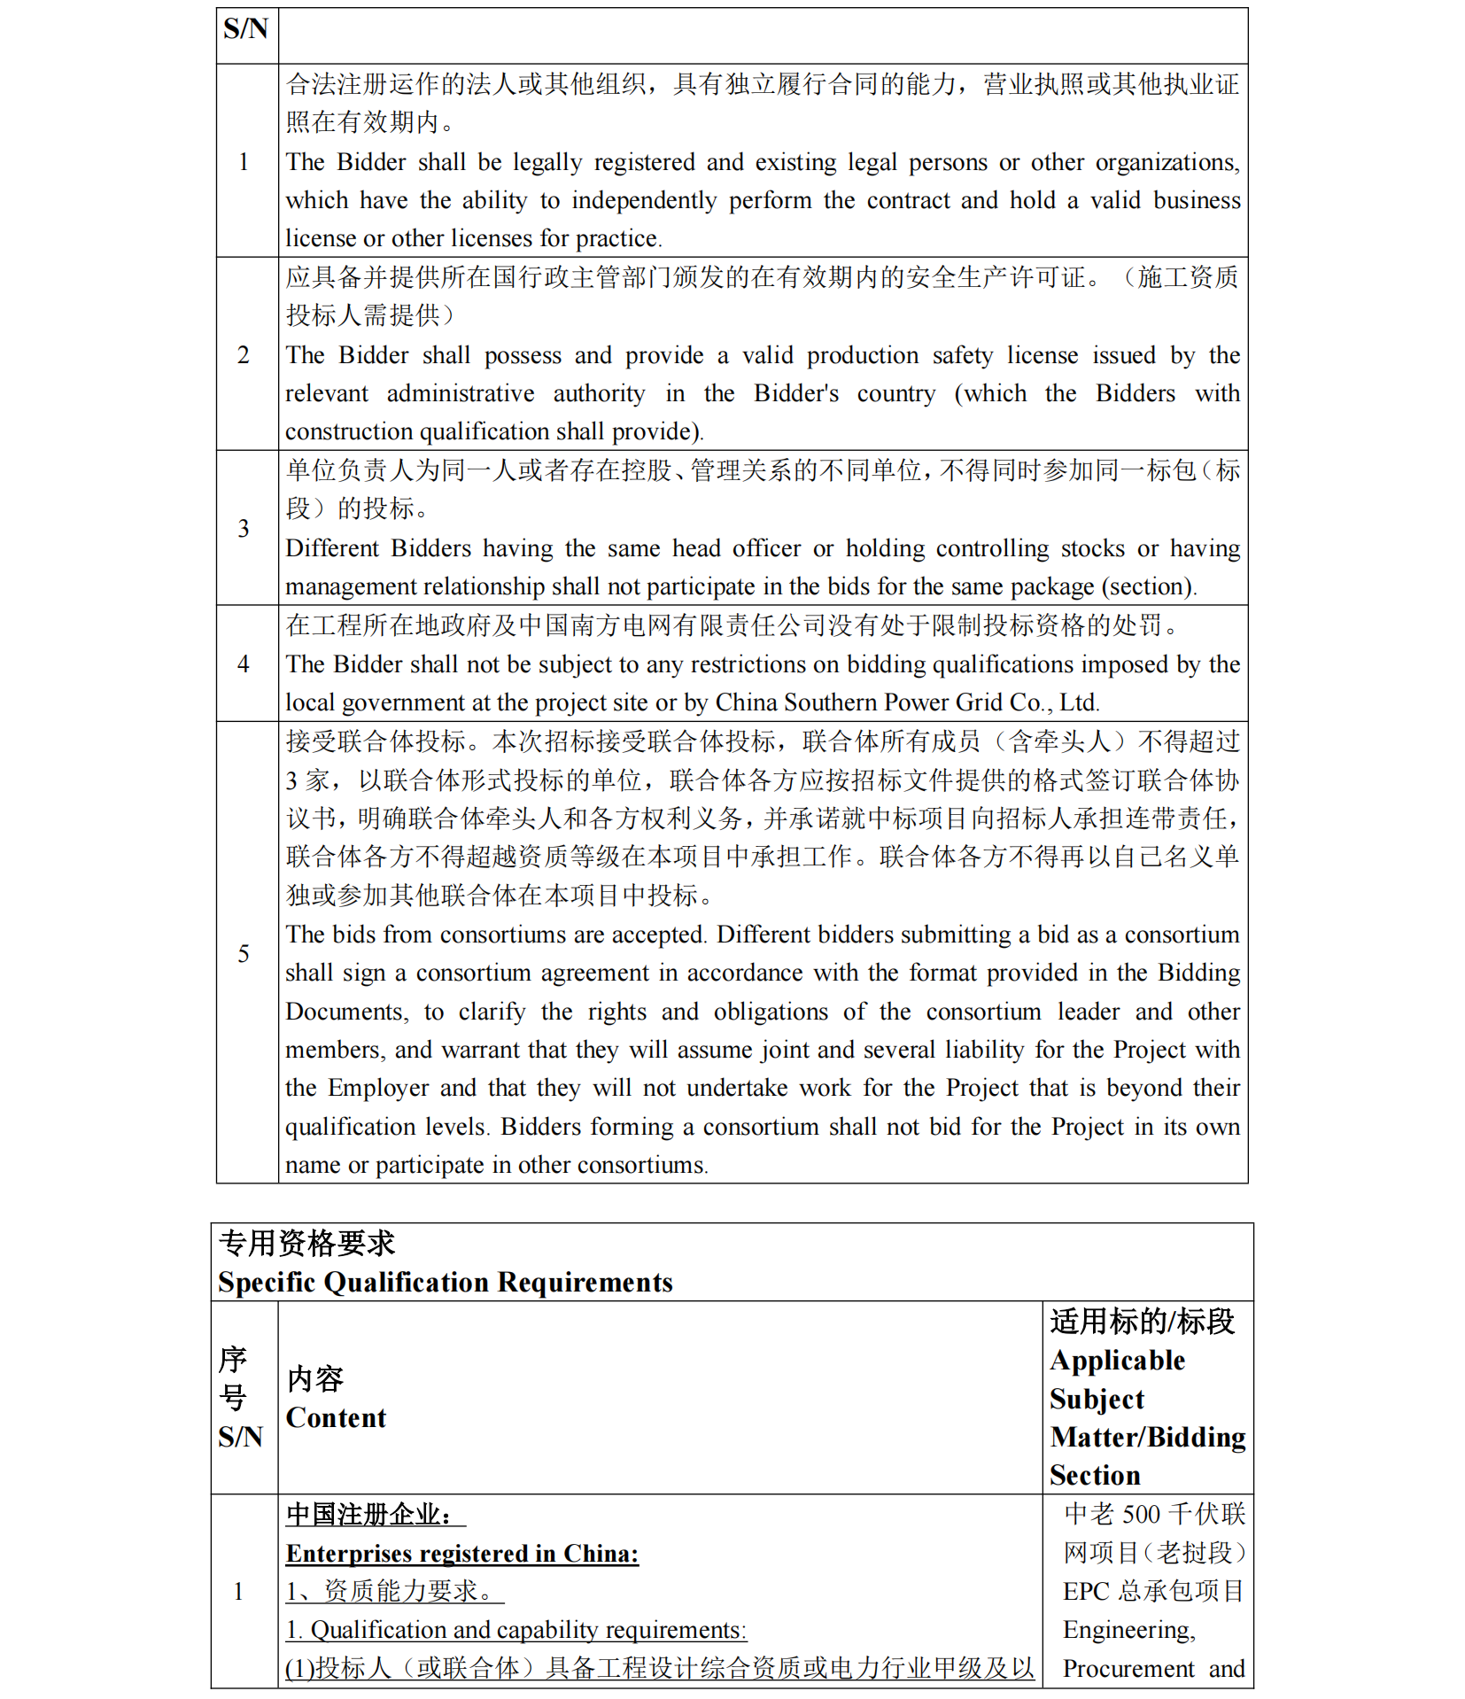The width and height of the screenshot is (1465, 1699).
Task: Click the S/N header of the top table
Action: pyautogui.click(x=245, y=29)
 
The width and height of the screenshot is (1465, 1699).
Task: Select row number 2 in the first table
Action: pyautogui.click(x=244, y=355)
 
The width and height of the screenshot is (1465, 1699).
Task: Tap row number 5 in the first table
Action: pyautogui.click(x=244, y=953)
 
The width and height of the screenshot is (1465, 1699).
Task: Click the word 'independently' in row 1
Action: pyautogui.click(x=644, y=201)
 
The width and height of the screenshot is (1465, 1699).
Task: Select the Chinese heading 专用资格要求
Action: pyautogui.click(x=306, y=1244)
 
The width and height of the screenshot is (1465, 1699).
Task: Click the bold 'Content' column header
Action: pyautogui.click(x=336, y=1418)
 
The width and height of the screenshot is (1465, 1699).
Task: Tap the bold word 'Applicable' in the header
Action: pyautogui.click(x=1117, y=1361)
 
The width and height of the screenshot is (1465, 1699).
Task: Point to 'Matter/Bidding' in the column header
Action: pyautogui.click(x=1148, y=1438)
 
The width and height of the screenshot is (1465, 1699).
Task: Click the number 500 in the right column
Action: pyautogui.click(x=1141, y=1515)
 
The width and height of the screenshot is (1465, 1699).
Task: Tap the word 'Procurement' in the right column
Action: pyautogui.click(x=1128, y=1670)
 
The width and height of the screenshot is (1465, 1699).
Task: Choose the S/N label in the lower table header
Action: pyautogui.click(x=240, y=1437)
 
